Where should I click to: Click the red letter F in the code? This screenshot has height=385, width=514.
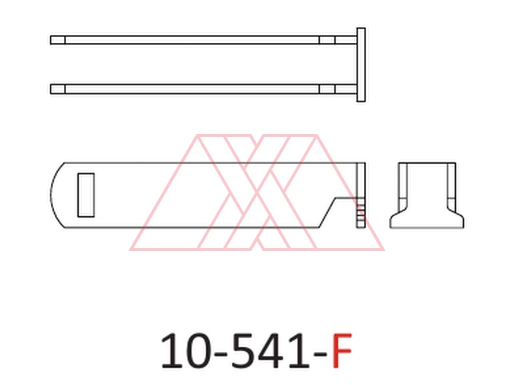click(342, 350)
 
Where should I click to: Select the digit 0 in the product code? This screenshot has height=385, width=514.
click(196, 351)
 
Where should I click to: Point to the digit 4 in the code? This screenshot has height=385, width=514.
click(269, 351)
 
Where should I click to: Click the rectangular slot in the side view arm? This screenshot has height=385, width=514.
click(86, 195)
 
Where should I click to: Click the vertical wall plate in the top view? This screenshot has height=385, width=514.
click(361, 65)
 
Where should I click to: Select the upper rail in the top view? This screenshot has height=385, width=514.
click(203, 40)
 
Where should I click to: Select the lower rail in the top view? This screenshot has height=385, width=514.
click(203, 89)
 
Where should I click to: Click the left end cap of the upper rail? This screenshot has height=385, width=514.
click(58, 40)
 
